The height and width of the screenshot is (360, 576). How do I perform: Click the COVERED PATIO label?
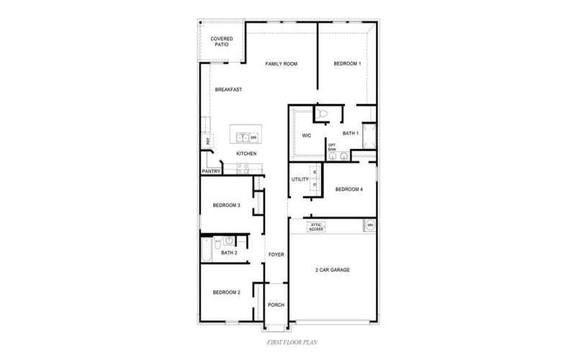pos(221,42)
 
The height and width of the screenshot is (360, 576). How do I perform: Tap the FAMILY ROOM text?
pos(282,64)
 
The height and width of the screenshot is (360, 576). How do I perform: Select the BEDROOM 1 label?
pos(347,64)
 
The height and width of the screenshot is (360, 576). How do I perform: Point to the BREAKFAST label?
pos(228,89)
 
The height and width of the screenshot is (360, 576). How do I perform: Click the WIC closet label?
pos(306,135)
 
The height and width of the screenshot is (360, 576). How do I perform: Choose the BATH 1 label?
pos(351,133)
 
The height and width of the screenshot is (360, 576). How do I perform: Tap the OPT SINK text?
pos(332,147)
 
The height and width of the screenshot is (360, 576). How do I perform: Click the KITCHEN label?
pos(247,154)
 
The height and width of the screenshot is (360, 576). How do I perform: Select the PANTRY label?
pos(211,171)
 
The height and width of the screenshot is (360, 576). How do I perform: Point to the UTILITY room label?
pos(300,179)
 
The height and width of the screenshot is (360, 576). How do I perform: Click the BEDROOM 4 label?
pos(349,189)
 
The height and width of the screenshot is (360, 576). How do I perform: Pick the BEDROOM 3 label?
pos(226,205)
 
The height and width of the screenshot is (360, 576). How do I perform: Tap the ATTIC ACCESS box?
pos(316,227)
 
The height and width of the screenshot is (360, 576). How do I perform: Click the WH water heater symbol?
pos(370,225)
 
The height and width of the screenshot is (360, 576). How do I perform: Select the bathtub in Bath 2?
pos(206,253)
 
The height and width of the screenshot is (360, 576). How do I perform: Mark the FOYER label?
pos(276,254)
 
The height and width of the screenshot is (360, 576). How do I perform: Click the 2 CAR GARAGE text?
pos(332,270)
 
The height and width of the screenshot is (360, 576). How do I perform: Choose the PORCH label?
pos(276,305)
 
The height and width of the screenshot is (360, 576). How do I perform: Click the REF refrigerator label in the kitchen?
pos(207,141)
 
